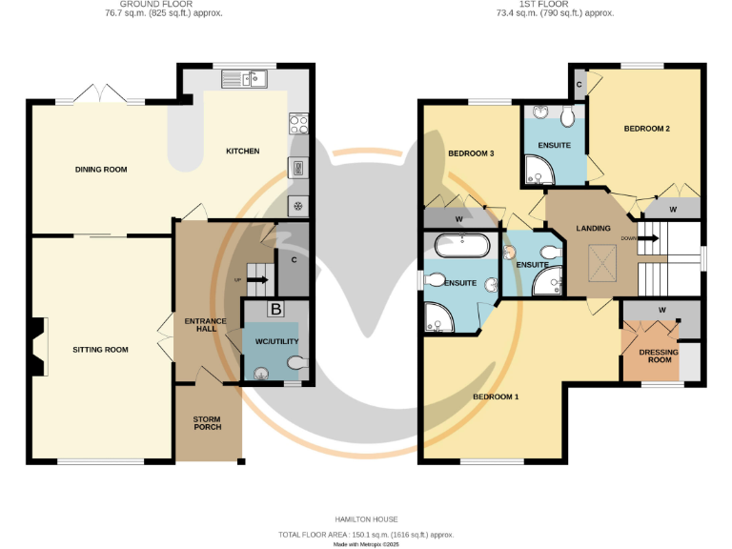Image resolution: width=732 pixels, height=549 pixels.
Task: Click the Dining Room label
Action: point(101,170)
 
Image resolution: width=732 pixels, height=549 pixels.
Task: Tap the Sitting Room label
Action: point(100,350)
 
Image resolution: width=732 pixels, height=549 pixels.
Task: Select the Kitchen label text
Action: point(242,152)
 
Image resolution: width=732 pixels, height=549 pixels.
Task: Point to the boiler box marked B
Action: point(275,310)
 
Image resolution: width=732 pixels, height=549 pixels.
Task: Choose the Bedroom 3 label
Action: point(472,153)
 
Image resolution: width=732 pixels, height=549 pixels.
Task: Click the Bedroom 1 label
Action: point(496,396)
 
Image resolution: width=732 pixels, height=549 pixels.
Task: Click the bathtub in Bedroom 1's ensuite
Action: point(462,247)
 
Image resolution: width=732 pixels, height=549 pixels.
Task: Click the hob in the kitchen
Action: point(297,122)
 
